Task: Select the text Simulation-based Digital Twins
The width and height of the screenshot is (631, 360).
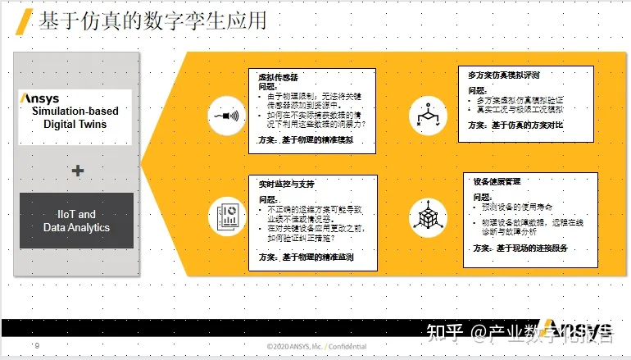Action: (75, 117)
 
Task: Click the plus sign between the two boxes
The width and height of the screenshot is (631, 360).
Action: (78, 171)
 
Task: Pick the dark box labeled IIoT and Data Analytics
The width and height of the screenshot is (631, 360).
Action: (76, 221)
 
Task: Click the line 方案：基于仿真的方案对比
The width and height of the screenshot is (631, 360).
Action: (515, 125)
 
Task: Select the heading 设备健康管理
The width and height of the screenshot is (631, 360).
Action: (497, 181)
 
